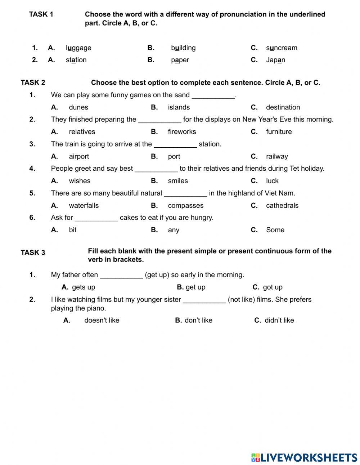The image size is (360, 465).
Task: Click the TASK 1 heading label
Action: click(41, 14)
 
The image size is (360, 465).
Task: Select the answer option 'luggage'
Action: click(78, 48)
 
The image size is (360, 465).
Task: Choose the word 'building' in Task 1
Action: click(183, 48)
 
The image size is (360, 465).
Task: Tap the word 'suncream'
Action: click(282, 48)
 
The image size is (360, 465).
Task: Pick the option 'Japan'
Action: click(275, 60)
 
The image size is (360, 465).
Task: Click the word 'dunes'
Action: click(78, 107)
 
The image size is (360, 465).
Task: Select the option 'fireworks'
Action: click(182, 132)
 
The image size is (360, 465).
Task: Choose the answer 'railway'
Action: click(277, 156)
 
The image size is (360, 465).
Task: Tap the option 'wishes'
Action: click(80, 181)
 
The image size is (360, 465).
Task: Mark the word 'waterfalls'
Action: click(84, 206)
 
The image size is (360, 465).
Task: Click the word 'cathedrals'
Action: click(282, 206)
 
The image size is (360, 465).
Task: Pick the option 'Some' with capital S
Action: click(275, 230)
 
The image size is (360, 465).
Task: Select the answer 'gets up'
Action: click(84, 287)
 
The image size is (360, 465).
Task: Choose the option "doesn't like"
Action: click(102, 321)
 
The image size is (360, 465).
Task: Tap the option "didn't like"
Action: click(279, 321)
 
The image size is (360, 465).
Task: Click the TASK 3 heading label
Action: click(33, 253)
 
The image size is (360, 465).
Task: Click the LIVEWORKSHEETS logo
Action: click(304, 457)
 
